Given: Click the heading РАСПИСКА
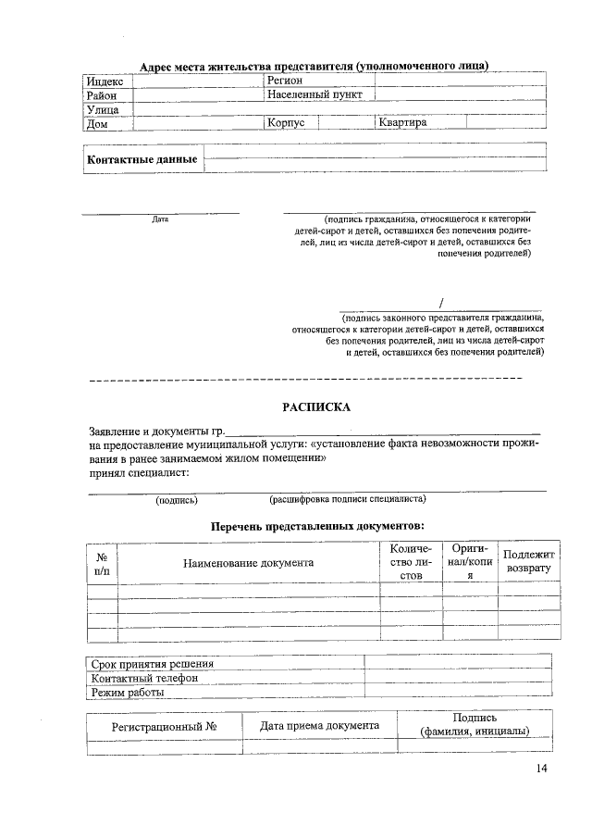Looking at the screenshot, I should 315,406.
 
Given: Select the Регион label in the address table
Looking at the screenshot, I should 285,81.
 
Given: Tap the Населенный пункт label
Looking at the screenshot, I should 314,94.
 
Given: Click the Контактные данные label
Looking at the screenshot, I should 142,160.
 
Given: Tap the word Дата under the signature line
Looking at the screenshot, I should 160,220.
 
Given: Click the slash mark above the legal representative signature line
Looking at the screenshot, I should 442,303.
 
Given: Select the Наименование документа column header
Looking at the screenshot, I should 248,562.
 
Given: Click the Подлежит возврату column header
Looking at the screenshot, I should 528,560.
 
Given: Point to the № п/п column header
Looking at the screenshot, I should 102,562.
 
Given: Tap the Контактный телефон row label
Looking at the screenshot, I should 143,678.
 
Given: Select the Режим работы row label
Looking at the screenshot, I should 128,692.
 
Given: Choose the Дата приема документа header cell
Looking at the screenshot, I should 319,725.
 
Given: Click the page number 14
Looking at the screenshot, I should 541,770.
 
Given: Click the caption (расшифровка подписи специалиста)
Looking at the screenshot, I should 347,499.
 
